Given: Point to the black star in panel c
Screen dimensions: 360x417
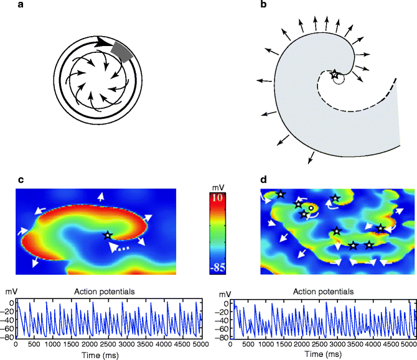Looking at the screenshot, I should pyautogui.click(x=108, y=235).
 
